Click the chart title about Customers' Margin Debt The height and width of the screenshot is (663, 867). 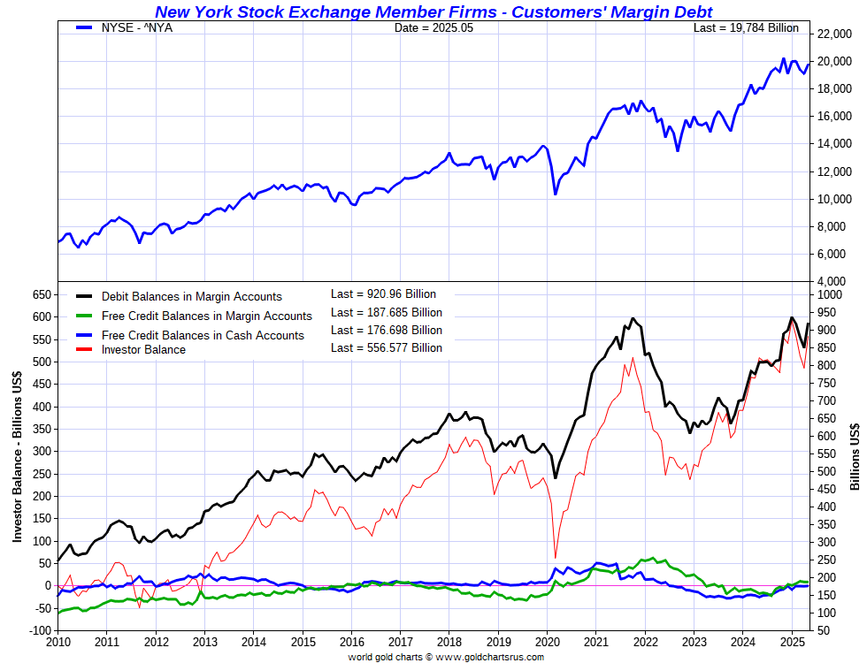pyautogui.click(x=433, y=11)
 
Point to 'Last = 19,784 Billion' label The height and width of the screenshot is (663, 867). pyautogui.click(x=746, y=28)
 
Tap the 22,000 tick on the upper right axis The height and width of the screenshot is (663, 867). pyautogui.click(x=835, y=34)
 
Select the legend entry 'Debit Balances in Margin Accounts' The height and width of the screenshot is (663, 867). pyautogui.click(x=191, y=297)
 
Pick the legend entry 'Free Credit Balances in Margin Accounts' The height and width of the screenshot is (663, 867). pyautogui.click(x=206, y=316)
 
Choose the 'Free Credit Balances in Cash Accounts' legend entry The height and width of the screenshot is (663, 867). pyautogui.click(x=203, y=335)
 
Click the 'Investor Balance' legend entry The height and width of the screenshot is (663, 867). pyautogui.click(x=143, y=349)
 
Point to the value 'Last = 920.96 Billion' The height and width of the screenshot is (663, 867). pyautogui.click(x=383, y=294)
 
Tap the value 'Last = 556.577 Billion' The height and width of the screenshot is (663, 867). pyautogui.click(x=386, y=347)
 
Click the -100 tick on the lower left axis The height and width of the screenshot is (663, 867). pyautogui.click(x=36, y=630)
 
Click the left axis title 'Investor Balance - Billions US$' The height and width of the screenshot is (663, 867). pyautogui.click(x=17, y=456)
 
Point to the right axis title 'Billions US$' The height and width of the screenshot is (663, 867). pyautogui.click(x=855, y=456)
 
